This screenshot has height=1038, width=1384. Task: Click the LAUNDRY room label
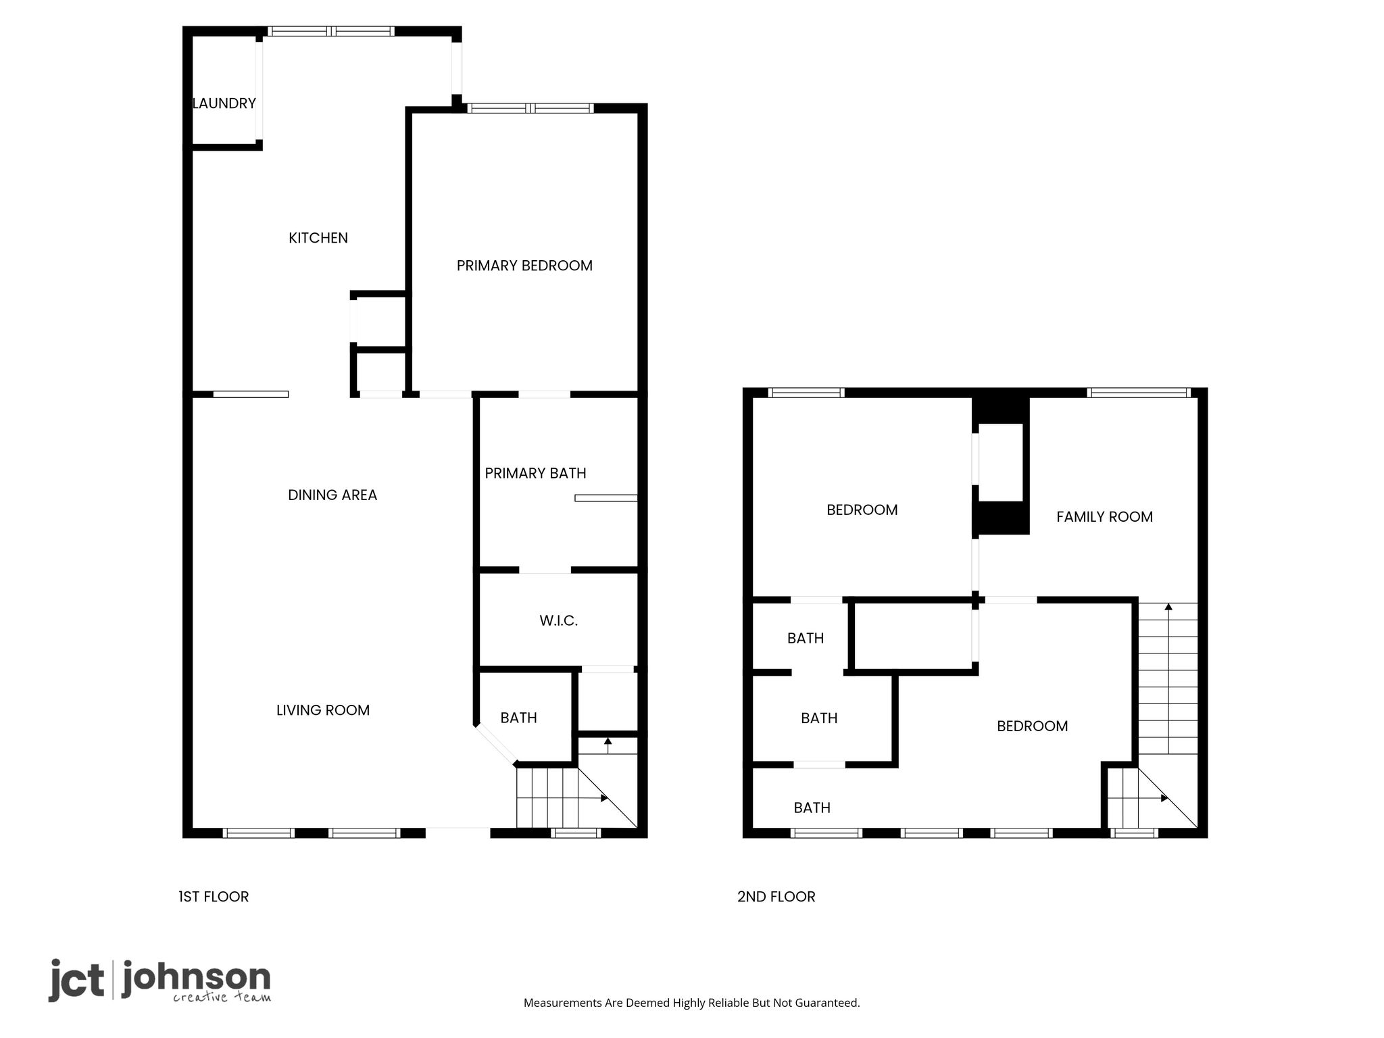pos(224,103)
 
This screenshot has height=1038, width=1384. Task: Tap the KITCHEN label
pos(318,238)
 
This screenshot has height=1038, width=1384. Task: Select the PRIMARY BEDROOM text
pos(524,266)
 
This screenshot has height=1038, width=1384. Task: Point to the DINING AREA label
pos(332,495)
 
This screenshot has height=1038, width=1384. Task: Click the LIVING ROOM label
pos(323,710)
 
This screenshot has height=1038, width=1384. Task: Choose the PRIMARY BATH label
pos(535,473)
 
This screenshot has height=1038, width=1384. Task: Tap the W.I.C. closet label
pos(558,621)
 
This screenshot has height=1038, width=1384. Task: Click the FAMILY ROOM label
pos(1104,517)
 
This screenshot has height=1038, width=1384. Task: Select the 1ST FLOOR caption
pos(214,897)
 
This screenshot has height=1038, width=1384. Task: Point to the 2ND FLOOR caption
pos(776,897)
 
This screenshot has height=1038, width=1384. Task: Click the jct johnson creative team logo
pos(159,981)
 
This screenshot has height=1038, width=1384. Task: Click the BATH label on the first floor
pos(518,718)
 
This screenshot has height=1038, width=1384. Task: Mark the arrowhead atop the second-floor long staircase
pos(1168,607)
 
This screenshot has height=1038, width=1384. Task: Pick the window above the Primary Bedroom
pos(530,108)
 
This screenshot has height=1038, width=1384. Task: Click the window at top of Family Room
pos(1139,393)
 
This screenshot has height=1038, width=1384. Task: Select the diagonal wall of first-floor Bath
pos(495,745)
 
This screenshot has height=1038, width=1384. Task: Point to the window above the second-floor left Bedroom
pos(806,393)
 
